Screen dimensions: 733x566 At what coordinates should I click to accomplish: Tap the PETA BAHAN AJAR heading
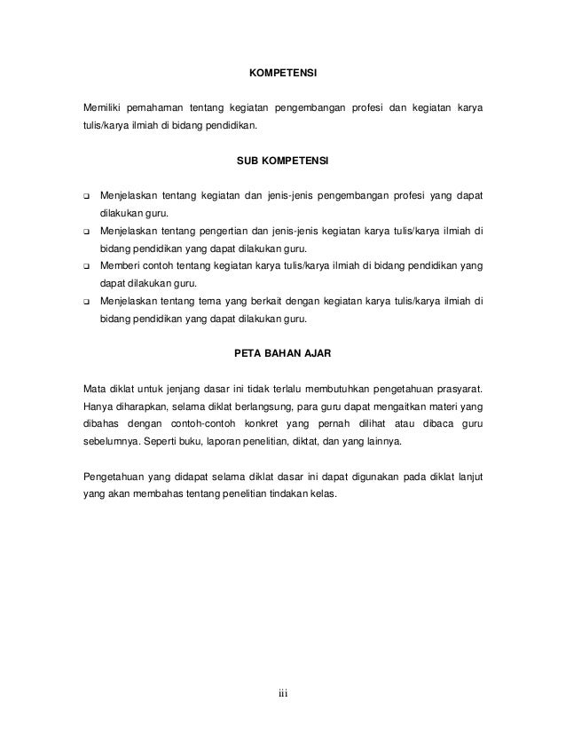pyautogui.click(x=283, y=353)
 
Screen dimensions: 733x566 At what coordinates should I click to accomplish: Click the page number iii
pyautogui.click(x=283, y=693)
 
